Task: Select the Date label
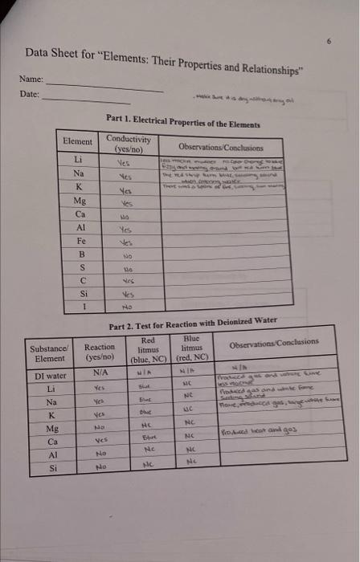click(29, 94)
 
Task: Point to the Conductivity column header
click(129, 144)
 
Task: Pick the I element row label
click(81, 305)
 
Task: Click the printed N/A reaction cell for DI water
click(100, 373)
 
